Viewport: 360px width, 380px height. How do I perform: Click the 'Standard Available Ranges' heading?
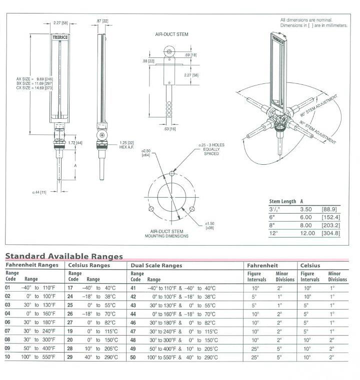tap(64, 256)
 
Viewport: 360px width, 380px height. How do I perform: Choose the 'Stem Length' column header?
tap(282, 201)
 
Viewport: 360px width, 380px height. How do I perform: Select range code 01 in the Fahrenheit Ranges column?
tap(8, 288)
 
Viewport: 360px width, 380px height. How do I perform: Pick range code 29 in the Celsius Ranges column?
tap(70, 357)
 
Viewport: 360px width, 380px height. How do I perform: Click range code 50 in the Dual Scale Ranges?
tap(133, 357)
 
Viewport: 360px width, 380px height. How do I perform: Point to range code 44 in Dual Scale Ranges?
tap(133, 314)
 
